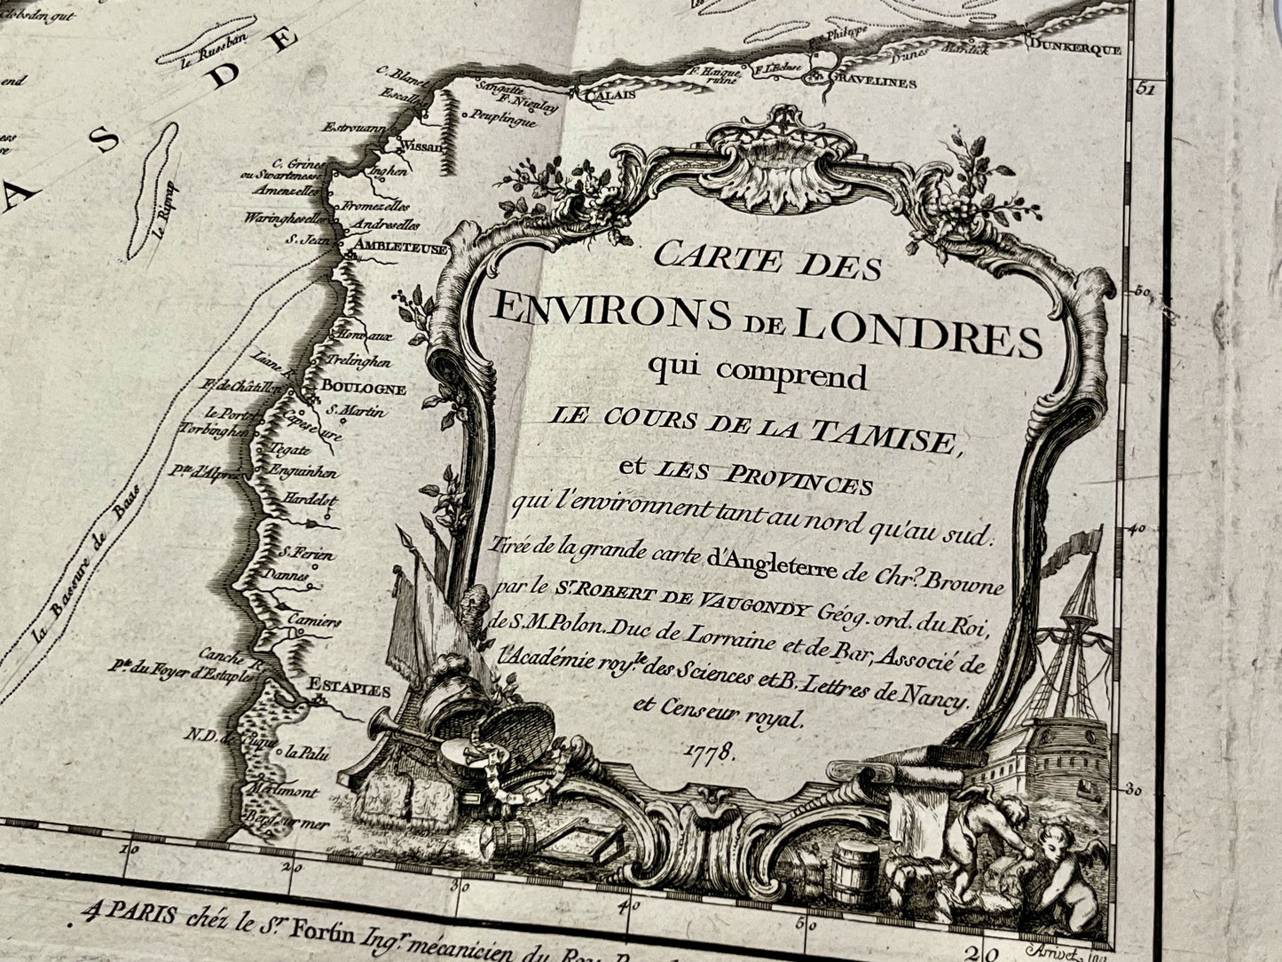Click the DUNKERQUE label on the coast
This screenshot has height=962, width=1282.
tap(1075, 50)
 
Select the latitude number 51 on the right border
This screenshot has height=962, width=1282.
tap(1144, 89)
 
